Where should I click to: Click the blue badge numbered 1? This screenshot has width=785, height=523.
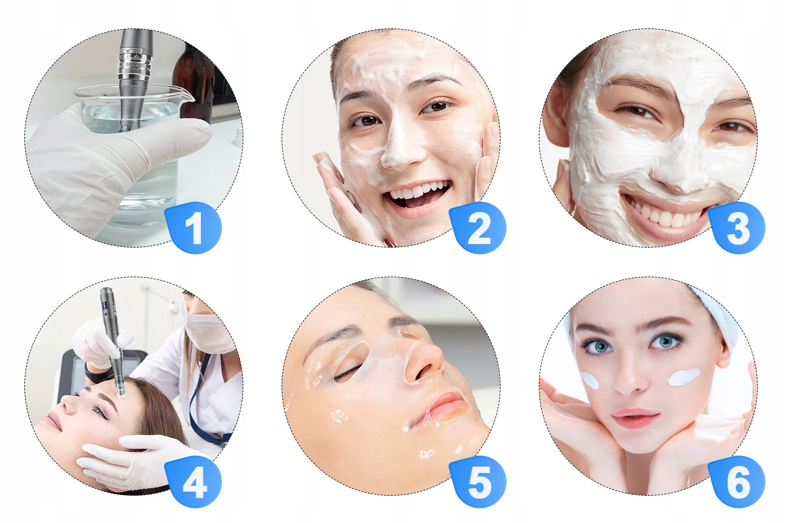pyautogui.click(x=194, y=228)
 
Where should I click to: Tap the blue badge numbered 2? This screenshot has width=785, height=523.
pyautogui.click(x=478, y=228)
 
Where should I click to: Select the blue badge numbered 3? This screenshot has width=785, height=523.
pyautogui.click(x=737, y=228)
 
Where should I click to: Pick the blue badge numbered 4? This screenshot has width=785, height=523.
pyautogui.click(x=194, y=482)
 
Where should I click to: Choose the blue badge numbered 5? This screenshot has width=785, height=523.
pyautogui.click(x=478, y=482)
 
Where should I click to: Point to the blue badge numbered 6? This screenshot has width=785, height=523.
pyautogui.click(x=737, y=482)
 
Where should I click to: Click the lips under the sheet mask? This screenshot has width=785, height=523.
pyautogui.click(x=447, y=404)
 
